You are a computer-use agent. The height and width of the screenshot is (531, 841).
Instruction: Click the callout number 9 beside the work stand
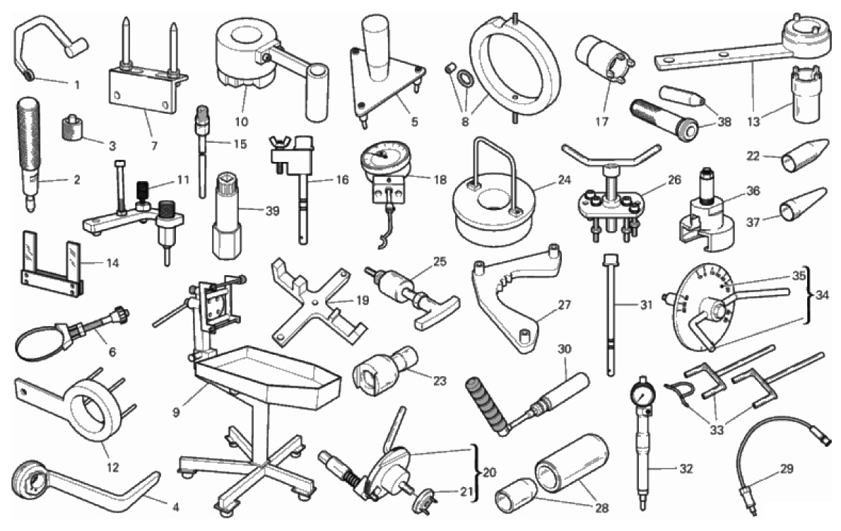tap(177, 412)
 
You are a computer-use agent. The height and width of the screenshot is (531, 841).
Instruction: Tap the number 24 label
tap(564, 180)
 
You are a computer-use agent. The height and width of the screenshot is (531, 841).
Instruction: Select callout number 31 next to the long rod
tap(647, 305)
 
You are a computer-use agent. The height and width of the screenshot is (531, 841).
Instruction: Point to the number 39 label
tap(273, 211)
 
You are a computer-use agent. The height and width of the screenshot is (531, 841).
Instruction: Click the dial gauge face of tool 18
tap(384, 157)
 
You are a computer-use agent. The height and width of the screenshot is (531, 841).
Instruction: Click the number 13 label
tap(753, 122)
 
